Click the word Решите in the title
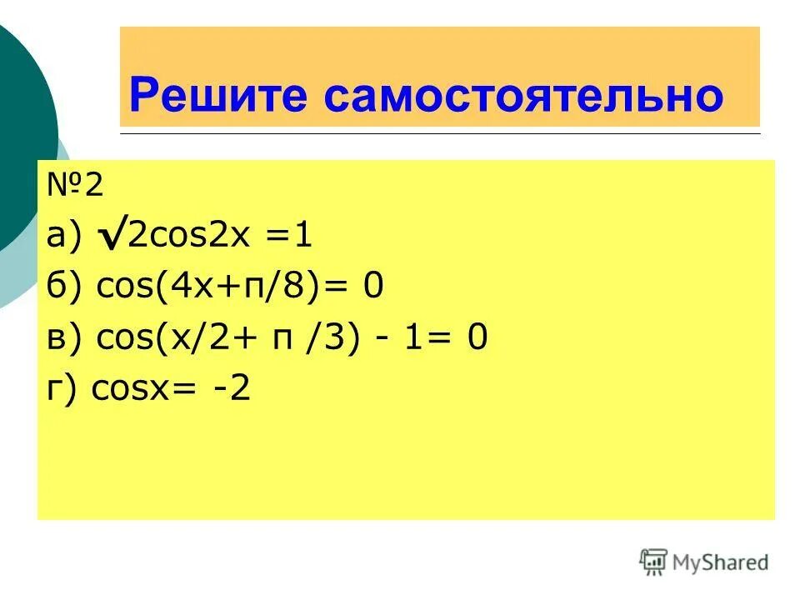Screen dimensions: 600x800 (219, 95)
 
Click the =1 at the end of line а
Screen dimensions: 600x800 (290, 238)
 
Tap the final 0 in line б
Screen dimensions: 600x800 (372, 288)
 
